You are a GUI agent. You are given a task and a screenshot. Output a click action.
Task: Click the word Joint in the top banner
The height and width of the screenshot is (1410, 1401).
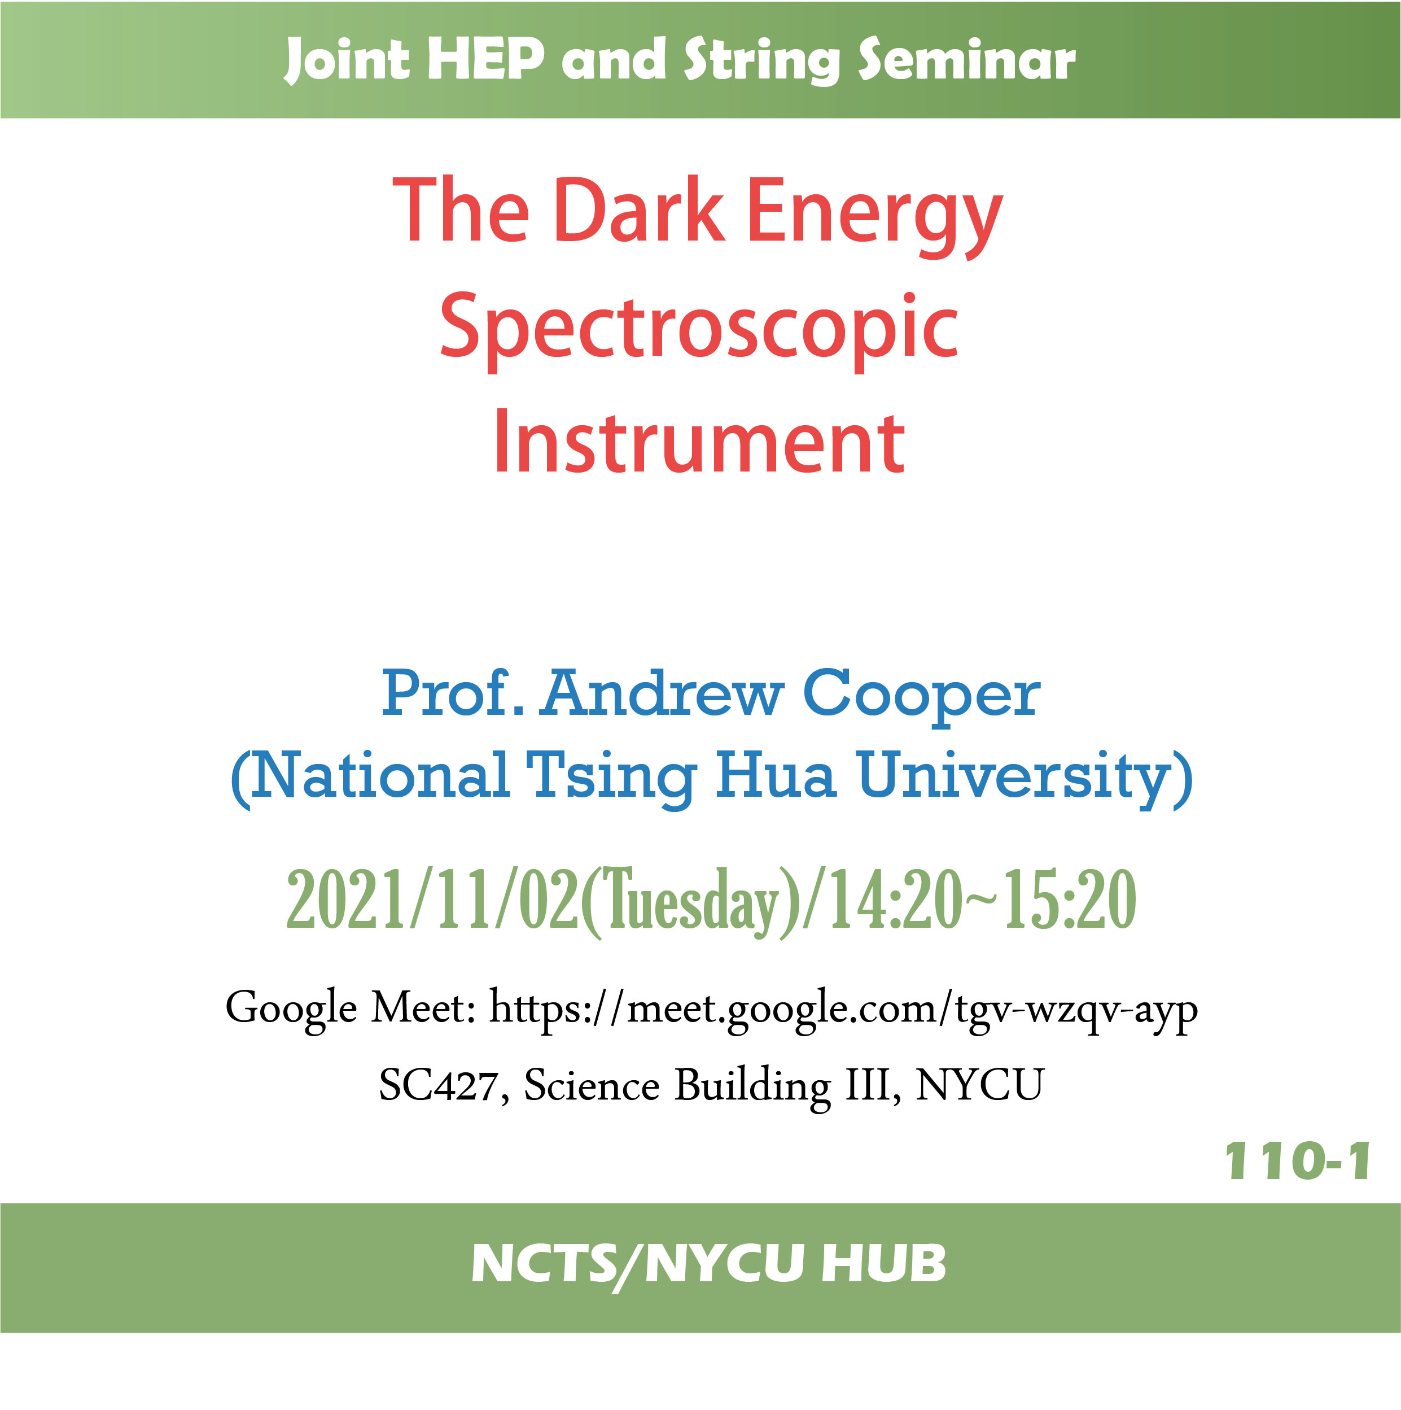[x=347, y=60]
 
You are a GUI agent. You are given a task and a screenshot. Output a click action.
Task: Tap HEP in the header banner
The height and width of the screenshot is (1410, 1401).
[x=486, y=58]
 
